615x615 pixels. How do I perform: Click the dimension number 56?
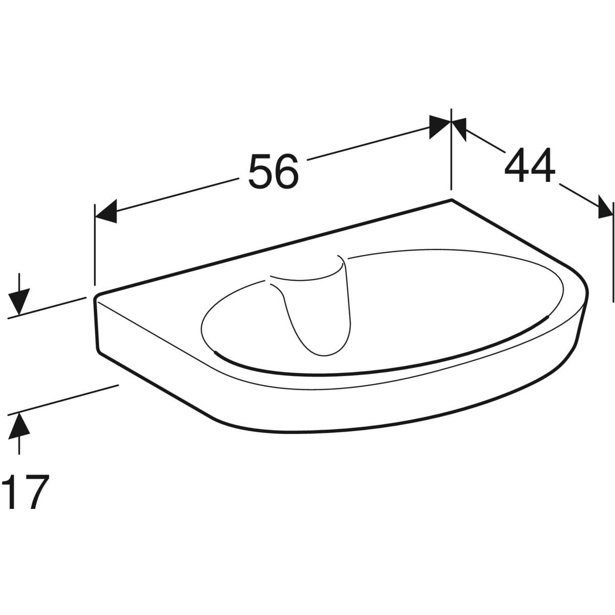[274, 171]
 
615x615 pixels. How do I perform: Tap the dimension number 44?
[530, 166]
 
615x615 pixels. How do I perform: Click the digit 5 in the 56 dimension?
[261, 171]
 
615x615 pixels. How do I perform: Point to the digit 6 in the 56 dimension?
[287, 171]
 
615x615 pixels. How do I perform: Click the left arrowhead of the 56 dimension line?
[106, 211]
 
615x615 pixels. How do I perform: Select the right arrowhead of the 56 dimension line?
[440, 127]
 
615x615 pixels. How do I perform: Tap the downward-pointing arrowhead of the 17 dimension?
[19, 301]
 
